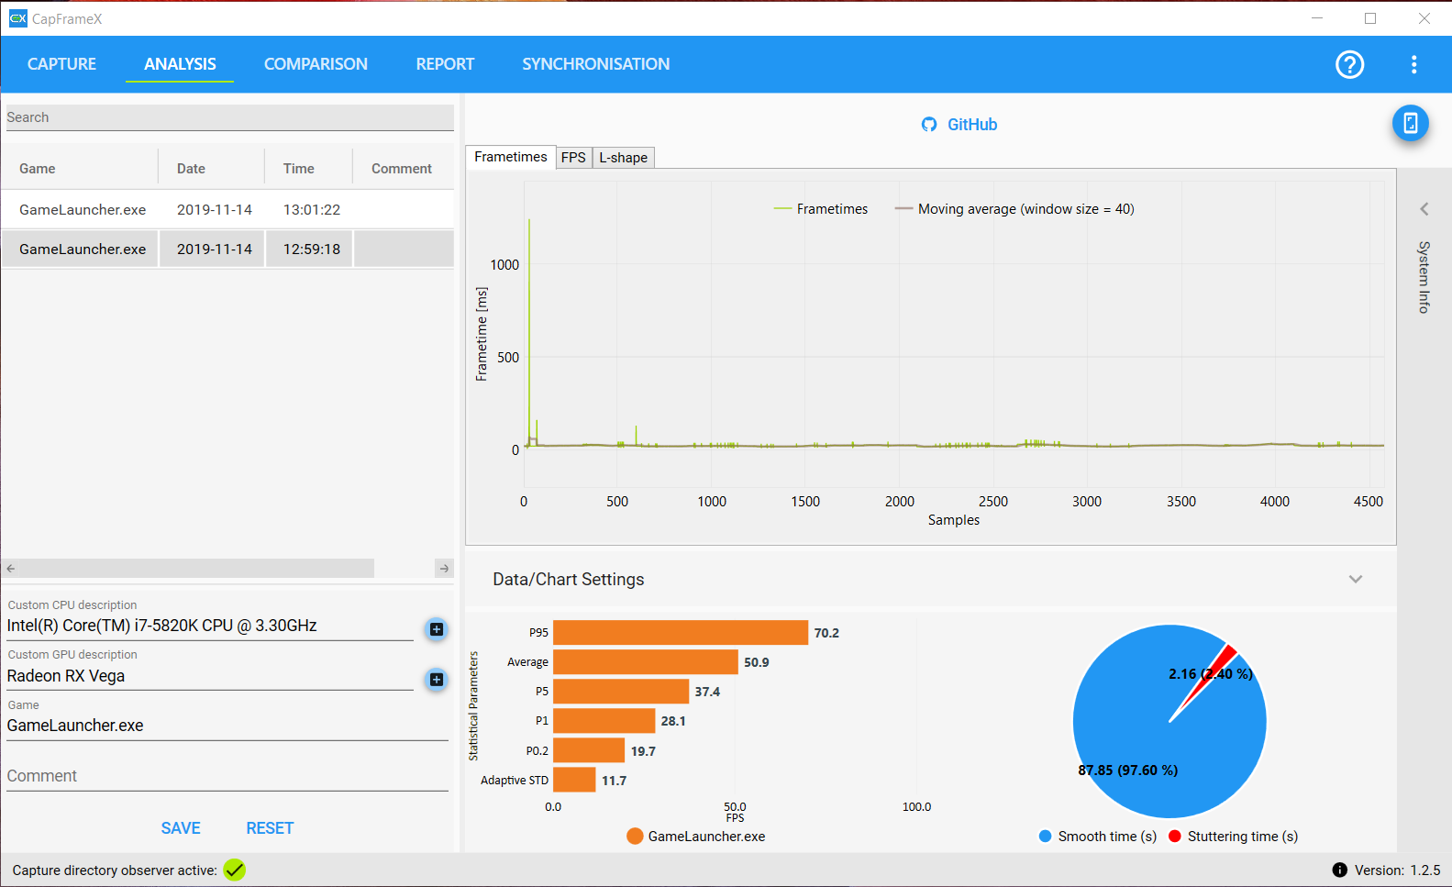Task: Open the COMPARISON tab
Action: point(316,64)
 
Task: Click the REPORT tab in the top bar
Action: point(445,64)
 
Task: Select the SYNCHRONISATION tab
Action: point(595,64)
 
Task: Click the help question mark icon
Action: point(1349,64)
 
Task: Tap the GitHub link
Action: point(960,125)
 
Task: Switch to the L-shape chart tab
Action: point(623,158)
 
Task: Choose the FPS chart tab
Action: point(573,158)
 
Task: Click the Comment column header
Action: point(401,169)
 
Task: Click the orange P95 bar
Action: point(680,633)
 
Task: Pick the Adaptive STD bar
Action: point(574,781)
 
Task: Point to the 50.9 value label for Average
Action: point(757,662)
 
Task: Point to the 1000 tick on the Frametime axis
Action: point(504,265)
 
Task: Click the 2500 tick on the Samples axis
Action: point(993,502)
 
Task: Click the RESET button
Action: point(270,828)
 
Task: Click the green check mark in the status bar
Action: point(235,870)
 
